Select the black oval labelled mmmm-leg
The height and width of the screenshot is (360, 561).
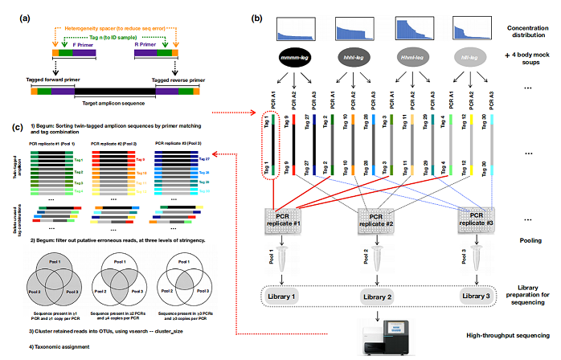point(293,58)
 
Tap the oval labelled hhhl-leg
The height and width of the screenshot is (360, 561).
point(354,58)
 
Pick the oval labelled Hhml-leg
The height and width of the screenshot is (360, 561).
point(416,58)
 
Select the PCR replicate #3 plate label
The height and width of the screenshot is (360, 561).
point(475,220)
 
